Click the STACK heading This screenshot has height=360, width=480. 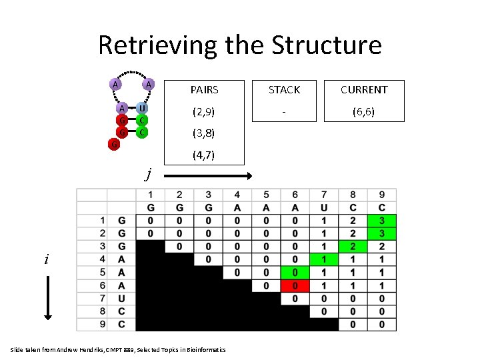pos(284,89)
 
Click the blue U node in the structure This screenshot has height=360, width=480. pos(143,108)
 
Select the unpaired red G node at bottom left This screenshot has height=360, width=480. pos(115,143)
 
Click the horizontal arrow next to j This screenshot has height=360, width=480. pos(207,175)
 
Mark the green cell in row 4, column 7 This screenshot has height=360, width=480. pos(324,259)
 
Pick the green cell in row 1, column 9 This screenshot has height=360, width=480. pos(381,220)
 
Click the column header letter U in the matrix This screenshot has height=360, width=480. pos(324,207)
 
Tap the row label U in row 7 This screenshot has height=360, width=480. pos(121,298)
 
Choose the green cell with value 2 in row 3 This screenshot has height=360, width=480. pos(353,246)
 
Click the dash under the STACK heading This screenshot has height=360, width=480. pos(284,111)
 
